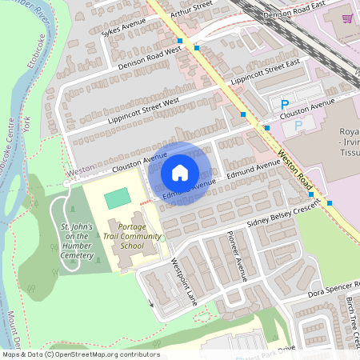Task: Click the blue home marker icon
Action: point(180,172)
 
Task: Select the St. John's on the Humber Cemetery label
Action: point(78,242)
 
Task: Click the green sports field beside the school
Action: point(117,196)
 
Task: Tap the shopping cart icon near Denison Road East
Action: point(347,17)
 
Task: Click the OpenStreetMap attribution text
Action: point(80,354)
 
